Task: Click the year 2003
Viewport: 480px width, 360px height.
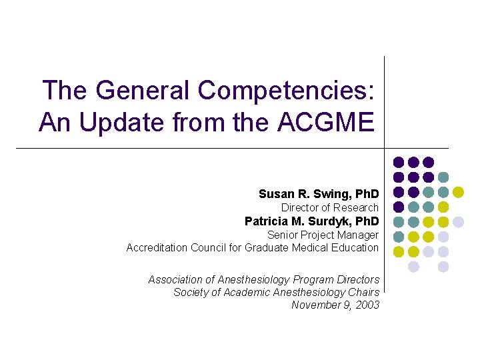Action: pos(367,305)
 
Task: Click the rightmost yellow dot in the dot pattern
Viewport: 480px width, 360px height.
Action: pos(458,192)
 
